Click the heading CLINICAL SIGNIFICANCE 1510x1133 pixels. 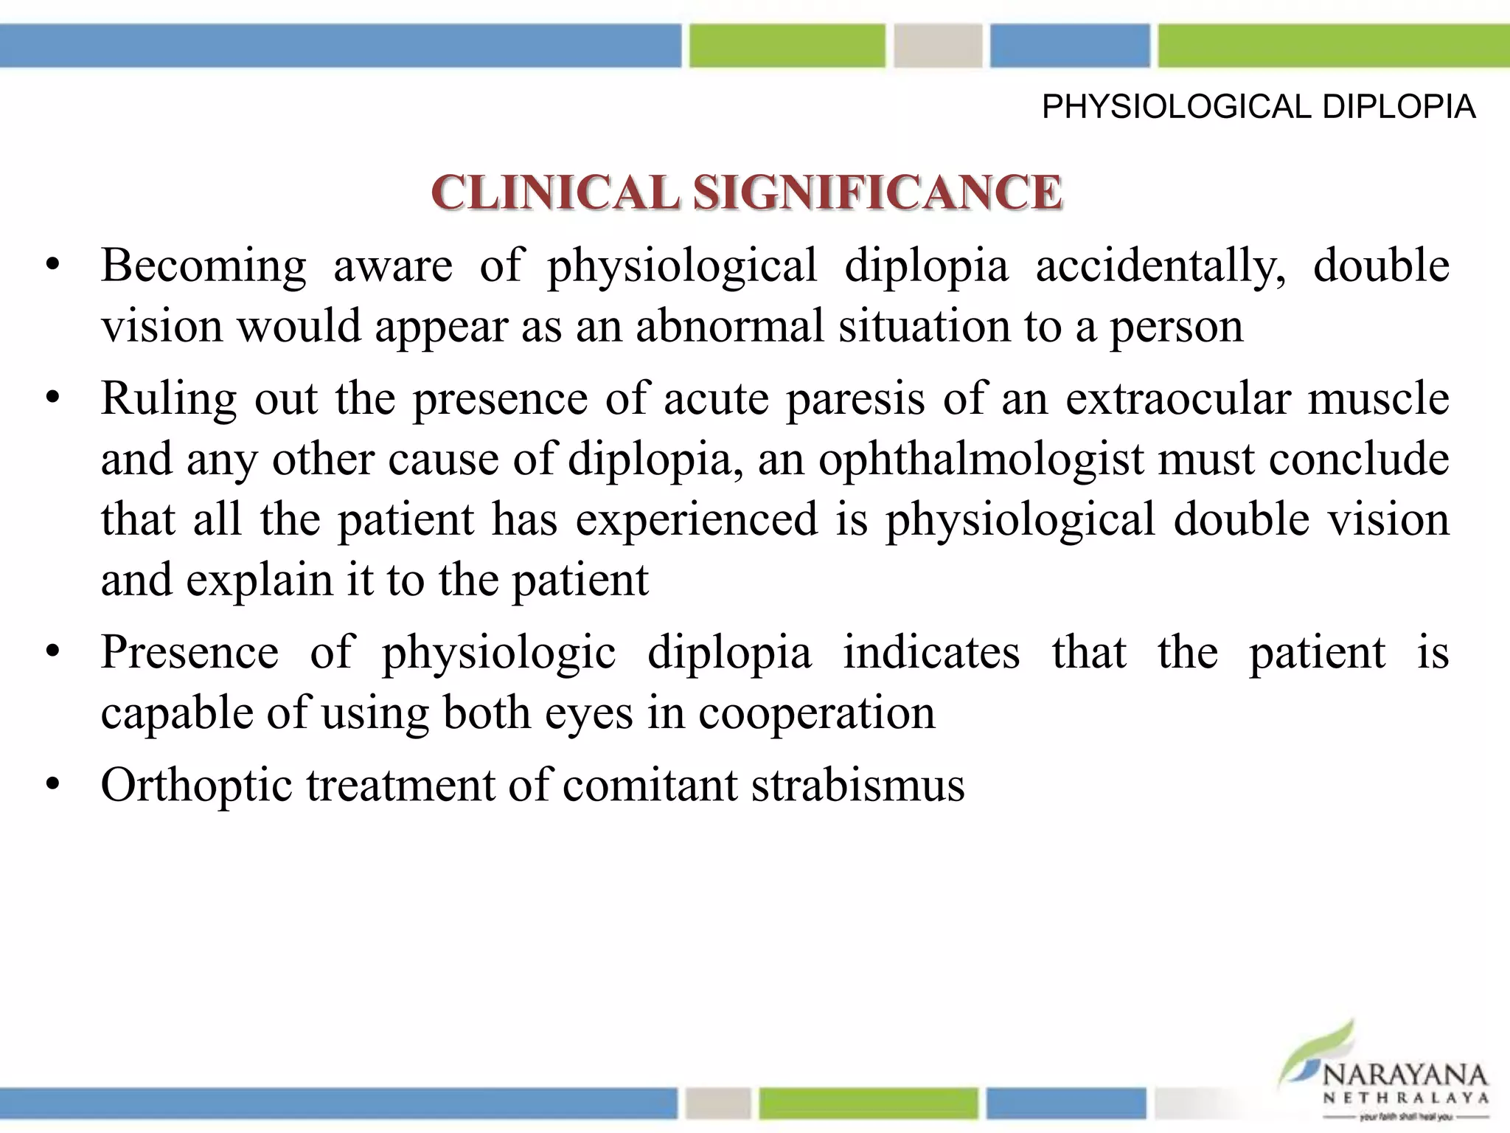click(x=746, y=193)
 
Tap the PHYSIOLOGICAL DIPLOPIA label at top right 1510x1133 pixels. click(x=1258, y=108)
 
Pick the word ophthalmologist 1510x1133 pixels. click(x=981, y=460)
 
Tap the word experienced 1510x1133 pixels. click(x=696, y=519)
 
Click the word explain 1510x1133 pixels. click(x=259, y=581)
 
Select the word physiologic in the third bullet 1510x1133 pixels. click(x=498, y=653)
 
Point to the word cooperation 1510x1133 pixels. click(x=816, y=713)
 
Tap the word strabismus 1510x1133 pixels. click(x=857, y=785)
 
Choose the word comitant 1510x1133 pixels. click(x=650, y=785)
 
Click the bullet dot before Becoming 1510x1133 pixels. click(x=52, y=266)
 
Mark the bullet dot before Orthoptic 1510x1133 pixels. click(x=52, y=786)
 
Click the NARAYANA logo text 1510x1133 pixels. click(x=1405, y=1075)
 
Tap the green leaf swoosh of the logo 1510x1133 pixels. click(x=1320, y=1047)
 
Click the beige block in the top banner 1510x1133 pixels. click(x=938, y=46)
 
